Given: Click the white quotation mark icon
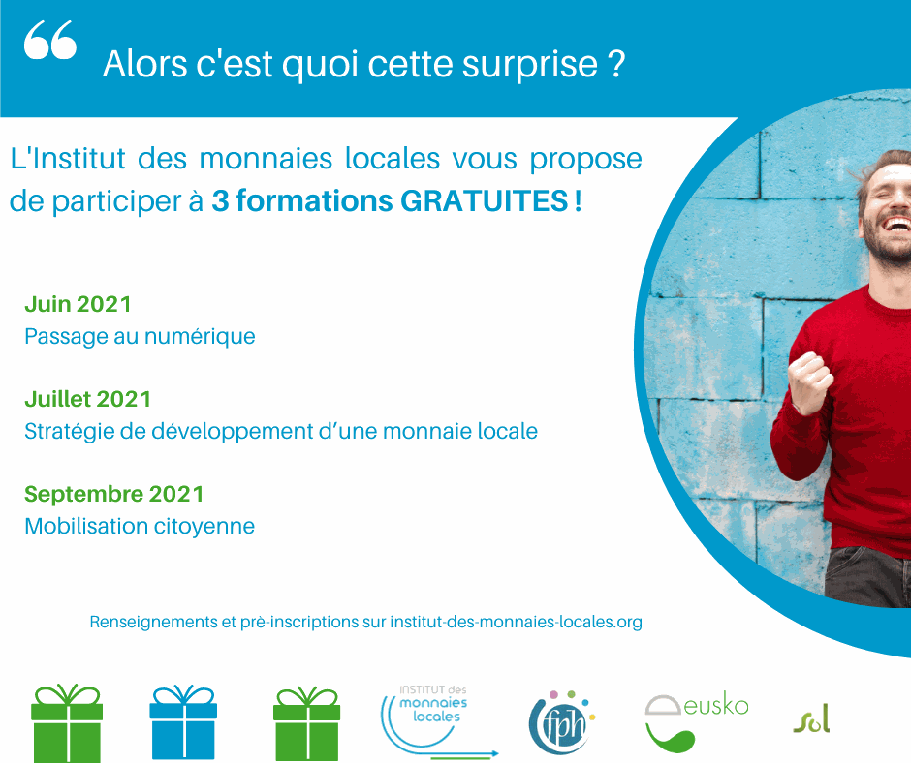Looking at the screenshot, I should [49, 43].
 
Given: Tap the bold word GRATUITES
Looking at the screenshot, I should [485, 202].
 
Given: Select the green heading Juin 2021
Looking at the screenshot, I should [78, 304].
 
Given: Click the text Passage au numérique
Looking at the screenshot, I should [140, 336].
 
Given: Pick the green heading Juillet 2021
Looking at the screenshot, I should [87, 398].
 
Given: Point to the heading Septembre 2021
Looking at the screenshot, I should [114, 494].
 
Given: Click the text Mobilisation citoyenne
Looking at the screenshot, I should [140, 526].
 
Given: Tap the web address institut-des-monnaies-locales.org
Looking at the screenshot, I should [516, 622].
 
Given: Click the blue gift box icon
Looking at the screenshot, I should [182, 722].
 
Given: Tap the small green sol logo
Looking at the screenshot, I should [811, 719].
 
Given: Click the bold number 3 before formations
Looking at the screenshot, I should [219, 202].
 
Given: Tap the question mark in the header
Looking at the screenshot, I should [617, 65].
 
